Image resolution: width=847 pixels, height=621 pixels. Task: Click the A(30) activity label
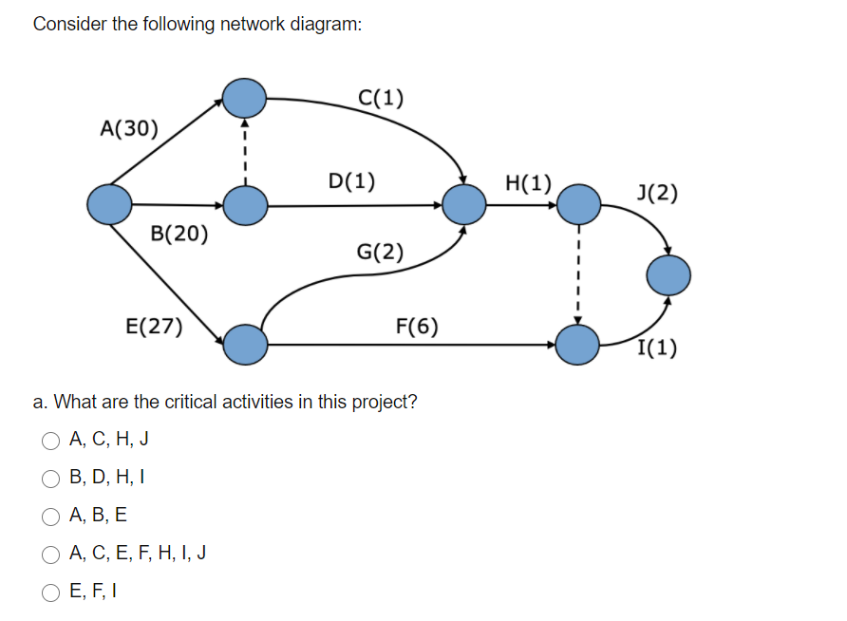click(130, 128)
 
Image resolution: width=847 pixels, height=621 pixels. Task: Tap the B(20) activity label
click(179, 234)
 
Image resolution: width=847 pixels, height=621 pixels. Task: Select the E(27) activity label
click(155, 327)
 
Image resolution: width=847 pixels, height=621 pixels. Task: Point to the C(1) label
click(381, 97)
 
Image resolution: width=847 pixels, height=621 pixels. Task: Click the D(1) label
click(351, 179)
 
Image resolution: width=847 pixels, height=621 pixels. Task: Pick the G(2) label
click(380, 252)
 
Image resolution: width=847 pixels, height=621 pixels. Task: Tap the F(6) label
click(417, 327)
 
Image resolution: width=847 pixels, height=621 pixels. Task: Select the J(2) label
click(657, 194)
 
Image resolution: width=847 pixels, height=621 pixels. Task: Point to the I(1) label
click(657, 348)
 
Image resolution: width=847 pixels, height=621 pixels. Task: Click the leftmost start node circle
click(109, 204)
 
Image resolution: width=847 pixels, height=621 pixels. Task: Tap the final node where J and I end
click(668, 276)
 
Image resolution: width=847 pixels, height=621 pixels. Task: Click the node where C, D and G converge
click(465, 203)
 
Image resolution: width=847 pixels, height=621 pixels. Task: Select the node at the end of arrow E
click(246, 345)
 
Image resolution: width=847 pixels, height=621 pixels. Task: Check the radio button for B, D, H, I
click(49, 478)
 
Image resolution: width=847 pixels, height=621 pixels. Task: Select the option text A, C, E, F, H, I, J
click(139, 554)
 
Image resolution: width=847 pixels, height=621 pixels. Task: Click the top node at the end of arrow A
click(245, 96)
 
